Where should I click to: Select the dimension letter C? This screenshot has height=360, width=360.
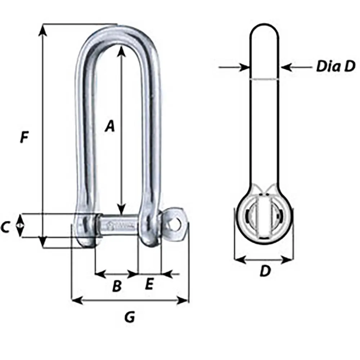(x=5, y=227)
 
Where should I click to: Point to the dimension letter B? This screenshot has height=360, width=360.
(x=117, y=287)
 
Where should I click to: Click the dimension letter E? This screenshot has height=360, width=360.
(x=149, y=284)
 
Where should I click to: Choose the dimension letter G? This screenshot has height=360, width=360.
(x=130, y=317)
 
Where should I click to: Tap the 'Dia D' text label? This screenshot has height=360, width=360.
(x=336, y=67)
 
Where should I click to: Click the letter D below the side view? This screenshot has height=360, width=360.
(x=265, y=271)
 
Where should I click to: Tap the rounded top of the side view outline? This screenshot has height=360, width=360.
(x=264, y=27)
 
